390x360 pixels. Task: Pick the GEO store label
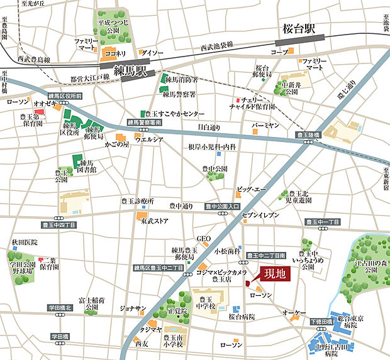pyautogui.click(x=203, y=239)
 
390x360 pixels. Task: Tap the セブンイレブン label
pyautogui.click(x=259, y=215)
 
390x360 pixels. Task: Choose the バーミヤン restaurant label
pyautogui.click(x=265, y=126)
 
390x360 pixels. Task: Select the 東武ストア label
pyautogui.click(x=154, y=221)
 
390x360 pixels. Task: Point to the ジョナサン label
pyautogui.click(x=133, y=308)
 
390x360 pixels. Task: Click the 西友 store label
pyautogui.click(x=142, y=344)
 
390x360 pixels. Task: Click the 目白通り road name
pyautogui.click(x=209, y=128)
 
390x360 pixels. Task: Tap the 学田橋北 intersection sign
pyautogui.click(x=61, y=308)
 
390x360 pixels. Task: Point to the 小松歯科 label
pyautogui.click(x=224, y=250)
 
